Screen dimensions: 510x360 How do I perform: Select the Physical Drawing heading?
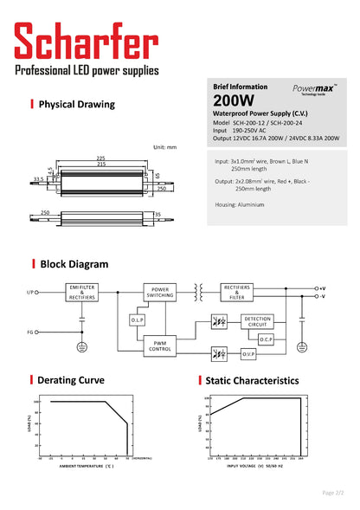[76, 105]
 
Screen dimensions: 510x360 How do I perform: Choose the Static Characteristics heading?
[252, 380]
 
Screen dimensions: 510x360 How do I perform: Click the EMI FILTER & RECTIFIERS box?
[82, 291]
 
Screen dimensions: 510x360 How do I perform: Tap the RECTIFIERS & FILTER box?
[239, 291]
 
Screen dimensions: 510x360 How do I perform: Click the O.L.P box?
[137, 320]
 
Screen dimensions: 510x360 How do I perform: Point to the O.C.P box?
[266, 339]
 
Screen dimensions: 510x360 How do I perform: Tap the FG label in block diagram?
[31, 331]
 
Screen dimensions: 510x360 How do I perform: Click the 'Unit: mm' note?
[164, 147]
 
